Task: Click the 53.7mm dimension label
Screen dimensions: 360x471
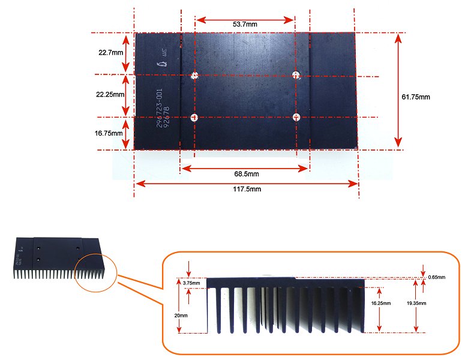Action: pyautogui.click(x=245, y=25)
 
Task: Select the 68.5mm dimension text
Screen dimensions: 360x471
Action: pyautogui.click(x=246, y=174)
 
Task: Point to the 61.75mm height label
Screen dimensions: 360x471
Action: pyautogui.click(x=415, y=97)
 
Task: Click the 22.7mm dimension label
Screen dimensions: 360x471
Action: pyautogui.click(x=110, y=52)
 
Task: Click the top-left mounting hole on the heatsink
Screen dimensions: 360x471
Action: pyautogui.click(x=194, y=76)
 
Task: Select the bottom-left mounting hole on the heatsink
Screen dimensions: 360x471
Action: pyautogui.click(x=194, y=117)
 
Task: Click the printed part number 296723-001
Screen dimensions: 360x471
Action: pyautogui.click(x=160, y=107)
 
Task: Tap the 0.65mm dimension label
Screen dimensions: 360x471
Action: pyautogui.click(x=438, y=277)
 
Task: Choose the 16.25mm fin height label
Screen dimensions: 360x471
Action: pyautogui.click(x=382, y=303)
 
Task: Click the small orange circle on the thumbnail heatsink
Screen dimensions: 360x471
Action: pyautogui.click(x=95, y=271)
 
